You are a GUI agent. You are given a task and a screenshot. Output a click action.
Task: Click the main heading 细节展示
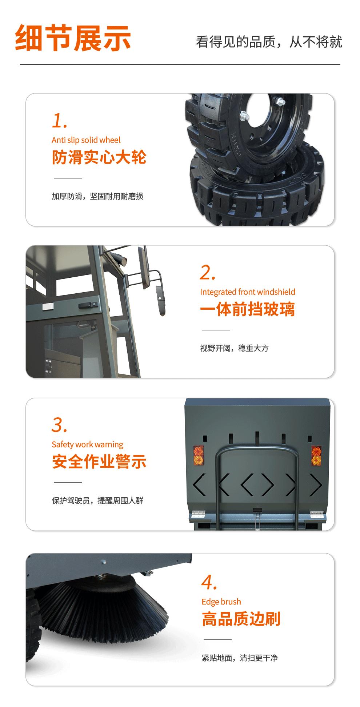(73, 38)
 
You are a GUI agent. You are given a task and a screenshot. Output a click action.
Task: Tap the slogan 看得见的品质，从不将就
(269, 42)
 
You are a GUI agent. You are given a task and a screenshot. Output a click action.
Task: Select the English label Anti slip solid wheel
(86, 140)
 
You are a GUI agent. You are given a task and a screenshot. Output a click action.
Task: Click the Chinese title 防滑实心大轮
(99, 157)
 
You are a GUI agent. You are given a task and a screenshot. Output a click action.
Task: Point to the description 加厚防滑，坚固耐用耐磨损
(97, 196)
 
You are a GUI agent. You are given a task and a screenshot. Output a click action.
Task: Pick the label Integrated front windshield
(248, 292)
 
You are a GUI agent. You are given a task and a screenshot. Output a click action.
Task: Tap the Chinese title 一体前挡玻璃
(248, 309)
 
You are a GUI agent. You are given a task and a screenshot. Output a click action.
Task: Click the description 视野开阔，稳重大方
(234, 348)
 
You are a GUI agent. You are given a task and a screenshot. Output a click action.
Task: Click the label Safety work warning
(87, 445)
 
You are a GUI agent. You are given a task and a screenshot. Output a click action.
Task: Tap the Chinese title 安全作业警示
(99, 462)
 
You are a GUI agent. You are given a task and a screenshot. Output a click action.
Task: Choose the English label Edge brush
(221, 602)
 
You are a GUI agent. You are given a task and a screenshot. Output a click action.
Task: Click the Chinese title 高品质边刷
(241, 619)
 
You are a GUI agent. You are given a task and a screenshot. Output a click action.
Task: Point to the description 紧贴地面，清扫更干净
(240, 658)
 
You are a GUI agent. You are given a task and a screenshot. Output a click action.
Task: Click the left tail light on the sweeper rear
(198, 455)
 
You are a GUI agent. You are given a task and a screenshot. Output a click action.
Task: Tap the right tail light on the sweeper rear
(316, 455)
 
